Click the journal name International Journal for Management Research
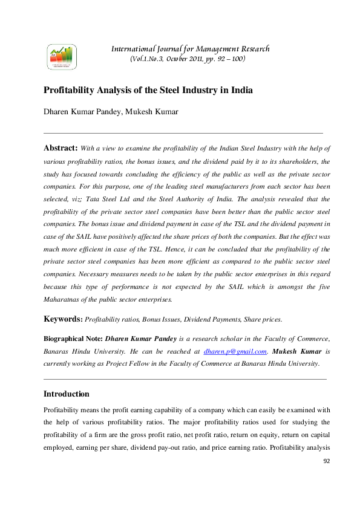(x=190, y=49)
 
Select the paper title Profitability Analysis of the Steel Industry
(x=148, y=91)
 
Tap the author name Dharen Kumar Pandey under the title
(x=81, y=112)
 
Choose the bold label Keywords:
(x=63, y=319)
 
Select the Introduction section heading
(x=67, y=394)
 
